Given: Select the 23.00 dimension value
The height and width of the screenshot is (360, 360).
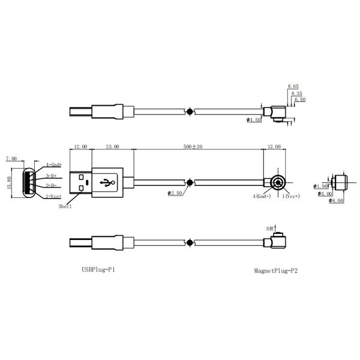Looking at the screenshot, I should point(112,146).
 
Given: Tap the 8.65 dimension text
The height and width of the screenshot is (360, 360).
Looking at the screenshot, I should point(293,87).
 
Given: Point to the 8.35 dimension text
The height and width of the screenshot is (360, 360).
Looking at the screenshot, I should point(296,94).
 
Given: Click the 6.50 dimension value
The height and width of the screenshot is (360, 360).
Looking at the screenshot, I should point(299,100).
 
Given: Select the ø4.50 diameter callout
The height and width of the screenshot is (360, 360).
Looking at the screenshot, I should point(254,120).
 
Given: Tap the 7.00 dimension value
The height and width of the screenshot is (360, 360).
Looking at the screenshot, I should point(11,158).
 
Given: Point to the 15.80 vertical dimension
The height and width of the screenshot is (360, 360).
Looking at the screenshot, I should point(8,182).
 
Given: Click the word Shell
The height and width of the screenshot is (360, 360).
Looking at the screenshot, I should point(65,206).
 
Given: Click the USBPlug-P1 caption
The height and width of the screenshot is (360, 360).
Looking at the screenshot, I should point(98,271).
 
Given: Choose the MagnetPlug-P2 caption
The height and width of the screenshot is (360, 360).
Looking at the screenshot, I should point(276,271).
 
